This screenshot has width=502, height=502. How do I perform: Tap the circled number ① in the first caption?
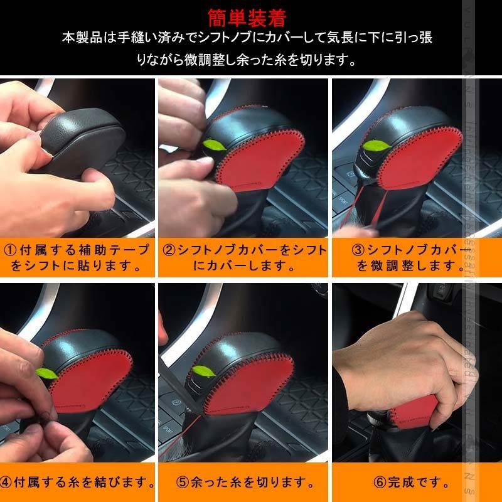(12, 250)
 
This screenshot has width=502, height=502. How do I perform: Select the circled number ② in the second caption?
(168, 250)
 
